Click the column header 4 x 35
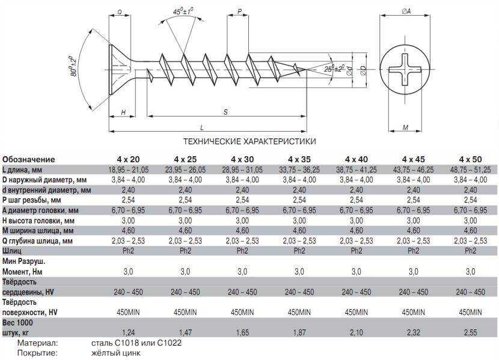299,159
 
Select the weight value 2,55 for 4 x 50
470,332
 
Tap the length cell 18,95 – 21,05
128,170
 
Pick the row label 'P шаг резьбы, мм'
31,200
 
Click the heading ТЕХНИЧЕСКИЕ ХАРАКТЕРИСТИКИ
249,141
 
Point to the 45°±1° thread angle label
183,11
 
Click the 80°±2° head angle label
73,67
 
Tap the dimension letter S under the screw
225,112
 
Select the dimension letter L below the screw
202,127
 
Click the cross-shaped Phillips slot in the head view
405,70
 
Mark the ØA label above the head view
406,11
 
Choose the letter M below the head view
405,127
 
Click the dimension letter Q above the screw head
120,12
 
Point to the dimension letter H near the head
123,112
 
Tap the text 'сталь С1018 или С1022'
136,343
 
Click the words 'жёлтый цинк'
115,353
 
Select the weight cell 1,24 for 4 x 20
128,332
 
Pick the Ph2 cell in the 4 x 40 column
356,251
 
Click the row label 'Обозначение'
29,159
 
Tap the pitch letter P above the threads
240,11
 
